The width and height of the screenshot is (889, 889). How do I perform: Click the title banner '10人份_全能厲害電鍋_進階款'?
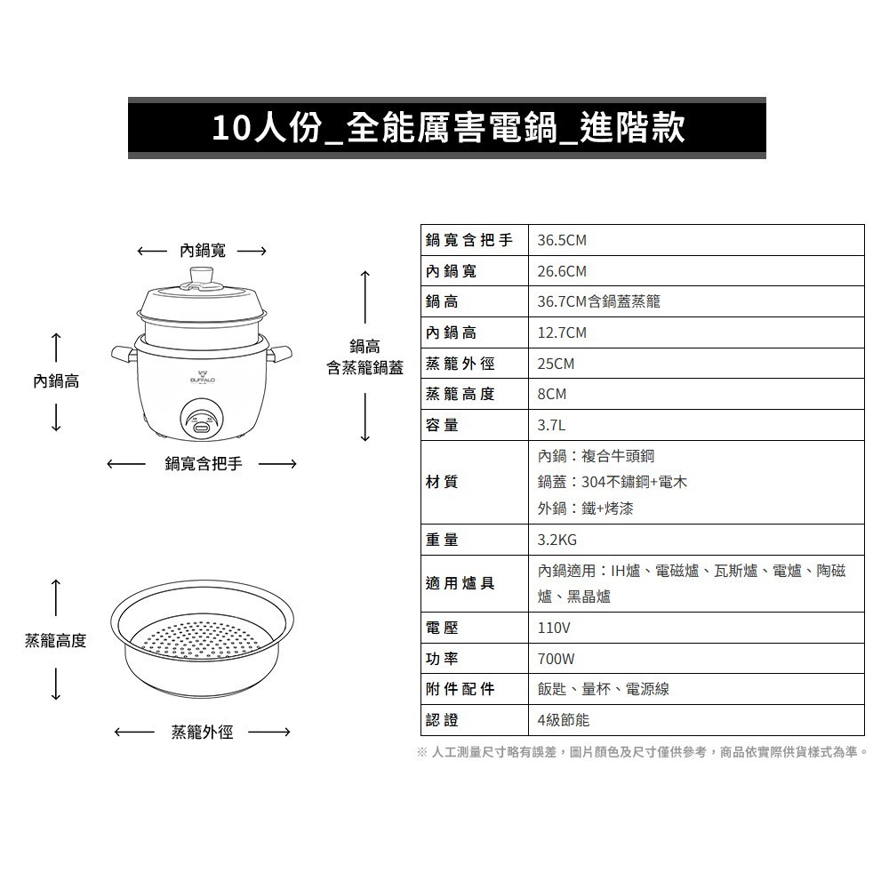(x=447, y=129)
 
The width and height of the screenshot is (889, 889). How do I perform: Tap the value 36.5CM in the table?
(x=562, y=241)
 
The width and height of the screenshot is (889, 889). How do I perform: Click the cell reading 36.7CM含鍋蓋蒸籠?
(x=598, y=302)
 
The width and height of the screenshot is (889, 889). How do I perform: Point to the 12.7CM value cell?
(x=562, y=332)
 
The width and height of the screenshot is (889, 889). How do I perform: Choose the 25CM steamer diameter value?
(x=556, y=364)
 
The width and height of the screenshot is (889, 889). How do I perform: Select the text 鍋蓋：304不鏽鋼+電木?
(x=612, y=482)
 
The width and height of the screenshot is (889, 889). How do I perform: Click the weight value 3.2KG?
(x=557, y=540)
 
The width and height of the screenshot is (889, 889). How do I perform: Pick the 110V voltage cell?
(x=554, y=628)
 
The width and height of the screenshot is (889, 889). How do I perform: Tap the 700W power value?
(x=557, y=659)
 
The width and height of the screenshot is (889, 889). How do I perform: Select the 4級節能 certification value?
(x=563, y=720)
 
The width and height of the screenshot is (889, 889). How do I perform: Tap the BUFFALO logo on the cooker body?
(x=203, y=377)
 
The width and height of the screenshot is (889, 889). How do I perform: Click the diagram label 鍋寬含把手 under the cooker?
(x=203, y=463)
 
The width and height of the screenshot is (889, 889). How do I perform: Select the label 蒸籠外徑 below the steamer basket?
(x=202, y=733)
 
